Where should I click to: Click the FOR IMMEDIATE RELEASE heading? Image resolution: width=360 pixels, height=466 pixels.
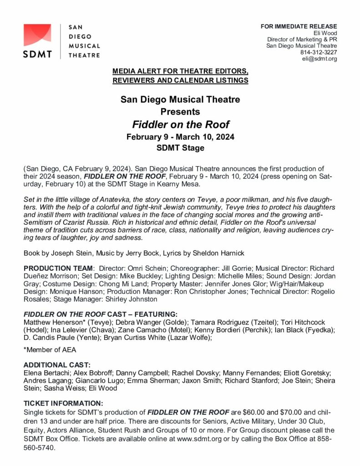click(x=299, y=26)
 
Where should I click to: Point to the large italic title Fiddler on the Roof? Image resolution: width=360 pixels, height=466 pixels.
click(x=181, y=124)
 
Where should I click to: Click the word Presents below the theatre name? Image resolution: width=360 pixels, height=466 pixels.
click(x=180, y=111)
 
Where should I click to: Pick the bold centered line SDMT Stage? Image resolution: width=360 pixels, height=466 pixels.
click(x=180, y=148)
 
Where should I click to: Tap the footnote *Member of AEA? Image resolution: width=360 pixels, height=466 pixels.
click(x=50, y=349)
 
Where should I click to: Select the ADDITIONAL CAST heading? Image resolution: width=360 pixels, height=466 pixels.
click(x=57, y=365)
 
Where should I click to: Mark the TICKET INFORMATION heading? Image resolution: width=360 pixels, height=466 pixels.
click(x=63, y=403)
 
